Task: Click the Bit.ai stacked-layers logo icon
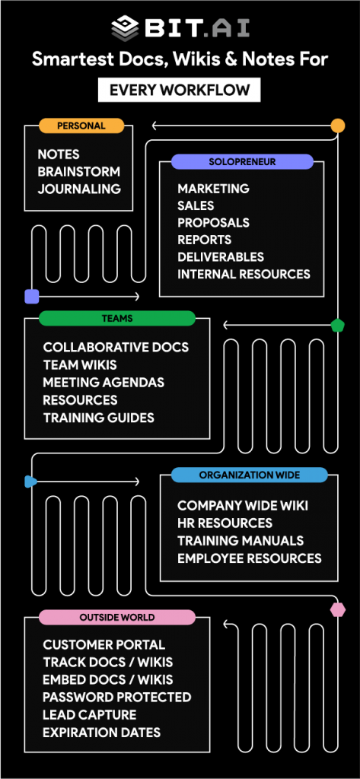coord(126,28)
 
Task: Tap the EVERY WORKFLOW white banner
coord(180,90)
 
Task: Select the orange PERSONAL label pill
coord(81,126)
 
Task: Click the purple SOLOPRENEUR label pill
coord(242,161)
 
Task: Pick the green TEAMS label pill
coord(117,319)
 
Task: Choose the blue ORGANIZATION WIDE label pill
coord(250,475)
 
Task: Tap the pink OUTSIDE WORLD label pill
coord(117,618)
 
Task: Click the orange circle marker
coord(338,126)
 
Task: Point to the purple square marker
coord(32,297)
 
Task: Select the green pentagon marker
coord(338,326)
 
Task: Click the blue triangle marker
coord(31,482)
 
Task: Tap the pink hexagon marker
coord(338,609)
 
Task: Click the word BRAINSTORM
coord(79,172)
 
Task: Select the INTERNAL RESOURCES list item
coord(244,274)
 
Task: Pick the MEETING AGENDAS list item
coord(104,383)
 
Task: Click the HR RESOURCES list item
coord(225,523)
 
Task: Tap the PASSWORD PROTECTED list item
coord(117,697)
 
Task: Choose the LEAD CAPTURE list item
coord(90,715)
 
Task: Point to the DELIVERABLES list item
coord(221,257)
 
